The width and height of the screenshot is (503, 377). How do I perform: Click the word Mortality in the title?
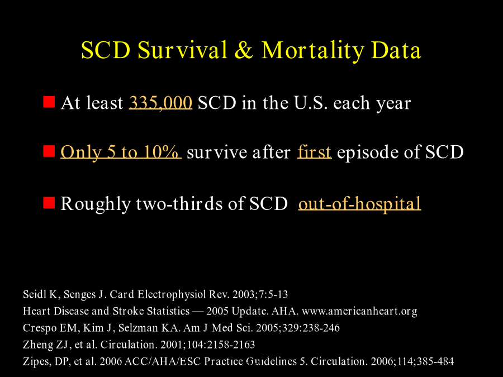point(313,51)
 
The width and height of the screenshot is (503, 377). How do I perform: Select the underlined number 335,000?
point(160,103)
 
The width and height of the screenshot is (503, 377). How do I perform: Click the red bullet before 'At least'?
point(49,102)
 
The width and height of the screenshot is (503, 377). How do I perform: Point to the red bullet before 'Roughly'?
point(49,203)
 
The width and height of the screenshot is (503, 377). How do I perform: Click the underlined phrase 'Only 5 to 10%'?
point(121,152)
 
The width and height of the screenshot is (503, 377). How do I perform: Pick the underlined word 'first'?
point(314,152)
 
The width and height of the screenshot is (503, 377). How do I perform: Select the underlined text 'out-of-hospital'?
point(359,203)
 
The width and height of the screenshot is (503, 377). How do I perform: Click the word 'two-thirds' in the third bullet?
point(179,203)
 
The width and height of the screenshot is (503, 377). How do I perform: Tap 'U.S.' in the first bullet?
point(311,103)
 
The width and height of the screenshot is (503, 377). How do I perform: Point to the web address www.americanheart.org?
point(359,311)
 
